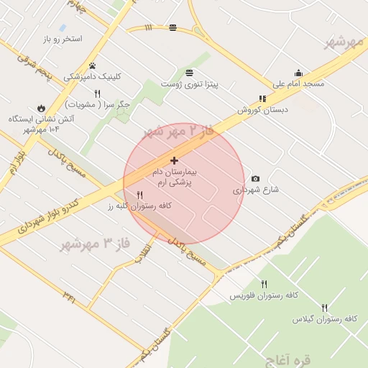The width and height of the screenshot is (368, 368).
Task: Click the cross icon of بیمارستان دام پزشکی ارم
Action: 174,160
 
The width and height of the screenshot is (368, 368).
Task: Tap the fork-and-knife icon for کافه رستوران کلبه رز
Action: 139,195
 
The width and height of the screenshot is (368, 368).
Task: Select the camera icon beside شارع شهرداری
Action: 255,178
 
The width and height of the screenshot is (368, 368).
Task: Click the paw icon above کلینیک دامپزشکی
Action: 92,65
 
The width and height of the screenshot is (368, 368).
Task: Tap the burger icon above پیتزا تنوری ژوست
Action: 188,73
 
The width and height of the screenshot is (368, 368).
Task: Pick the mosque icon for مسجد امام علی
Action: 298,73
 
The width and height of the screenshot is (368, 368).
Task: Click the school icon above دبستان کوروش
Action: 262,98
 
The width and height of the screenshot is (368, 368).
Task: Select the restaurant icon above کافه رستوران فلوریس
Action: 264,284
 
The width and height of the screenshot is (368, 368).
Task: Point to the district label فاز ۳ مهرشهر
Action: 95,244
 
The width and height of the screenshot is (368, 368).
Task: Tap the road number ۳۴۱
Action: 69,295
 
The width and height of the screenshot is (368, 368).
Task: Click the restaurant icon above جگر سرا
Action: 97,93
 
